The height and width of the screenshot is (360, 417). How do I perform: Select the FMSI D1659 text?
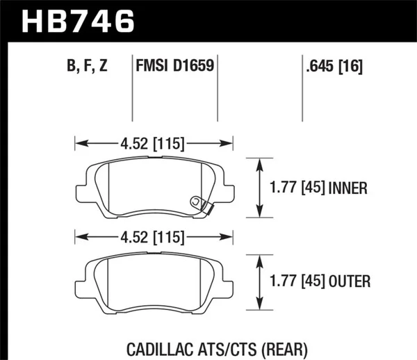pos(174,67)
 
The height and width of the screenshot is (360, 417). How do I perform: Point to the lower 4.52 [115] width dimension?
pos(154,238)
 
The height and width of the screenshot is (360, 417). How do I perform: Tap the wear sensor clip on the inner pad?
pos(199,203)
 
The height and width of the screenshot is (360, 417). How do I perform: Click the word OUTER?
pos(352,281)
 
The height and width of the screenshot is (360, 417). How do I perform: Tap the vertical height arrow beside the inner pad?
pos(260,188)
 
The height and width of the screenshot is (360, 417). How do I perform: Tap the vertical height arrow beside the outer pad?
pos(260,281)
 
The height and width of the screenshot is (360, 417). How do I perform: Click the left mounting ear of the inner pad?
pos(81,190)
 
